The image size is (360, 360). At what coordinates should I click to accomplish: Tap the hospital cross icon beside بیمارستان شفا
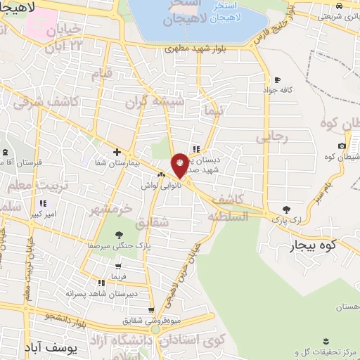coord(117,152)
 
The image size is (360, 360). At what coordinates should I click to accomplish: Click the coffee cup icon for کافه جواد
coord(277,79)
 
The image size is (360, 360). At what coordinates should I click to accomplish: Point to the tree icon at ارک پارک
coord(285,209)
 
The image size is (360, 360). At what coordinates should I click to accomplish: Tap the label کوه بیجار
coord(314,245)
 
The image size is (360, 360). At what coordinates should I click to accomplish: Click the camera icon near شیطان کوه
coord(342,146)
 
